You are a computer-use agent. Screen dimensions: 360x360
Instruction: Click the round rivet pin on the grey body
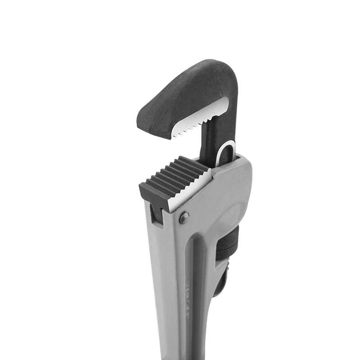pyautogui.click(x=184, y=218)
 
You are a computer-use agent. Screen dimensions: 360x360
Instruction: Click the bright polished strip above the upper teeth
pyautogui.click(x=202, y=112)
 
